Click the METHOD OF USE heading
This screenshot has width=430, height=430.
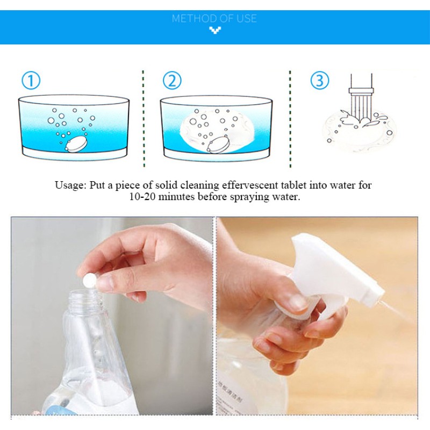click(214, 18)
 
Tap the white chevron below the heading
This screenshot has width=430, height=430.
click(215, 31)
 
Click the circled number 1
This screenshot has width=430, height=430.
click(31, 81)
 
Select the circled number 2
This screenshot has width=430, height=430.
click(172, 81)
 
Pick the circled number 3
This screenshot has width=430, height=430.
click(320, 81)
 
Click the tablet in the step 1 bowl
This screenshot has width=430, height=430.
click(76, 144)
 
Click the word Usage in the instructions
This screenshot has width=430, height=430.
click(68, 185)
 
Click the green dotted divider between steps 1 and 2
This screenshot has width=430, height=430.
click(144, 118)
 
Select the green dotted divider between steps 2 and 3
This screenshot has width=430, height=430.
click(290, 118)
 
